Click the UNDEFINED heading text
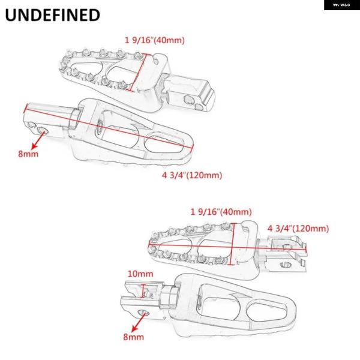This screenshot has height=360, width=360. point(53,15)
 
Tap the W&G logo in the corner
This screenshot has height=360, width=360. point(341,5)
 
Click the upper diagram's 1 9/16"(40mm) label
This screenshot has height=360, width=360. point(155,40)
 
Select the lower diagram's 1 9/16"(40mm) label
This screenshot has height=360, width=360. point(221,212)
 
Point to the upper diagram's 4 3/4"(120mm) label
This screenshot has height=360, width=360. point(192,175)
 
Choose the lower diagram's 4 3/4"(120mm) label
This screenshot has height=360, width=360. point(298,229)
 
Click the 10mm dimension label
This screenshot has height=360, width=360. point(140,274)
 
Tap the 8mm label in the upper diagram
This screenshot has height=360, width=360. point(28,154)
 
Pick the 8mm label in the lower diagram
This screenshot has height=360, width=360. point(133,337)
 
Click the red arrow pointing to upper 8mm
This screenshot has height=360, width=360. point(38,140)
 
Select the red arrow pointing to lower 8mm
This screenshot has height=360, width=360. point(139,322)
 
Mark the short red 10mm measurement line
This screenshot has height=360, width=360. point(144,291)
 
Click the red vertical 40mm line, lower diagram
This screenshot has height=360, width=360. point(233,244)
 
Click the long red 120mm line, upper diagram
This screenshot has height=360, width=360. point(109,127)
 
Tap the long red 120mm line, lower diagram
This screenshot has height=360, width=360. point(228,247)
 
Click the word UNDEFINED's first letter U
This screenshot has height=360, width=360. point(11,16)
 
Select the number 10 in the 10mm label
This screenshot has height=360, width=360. point(133,274)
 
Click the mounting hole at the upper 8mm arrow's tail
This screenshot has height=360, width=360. point(43,131)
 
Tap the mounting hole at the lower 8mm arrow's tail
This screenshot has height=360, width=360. point(143,313)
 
